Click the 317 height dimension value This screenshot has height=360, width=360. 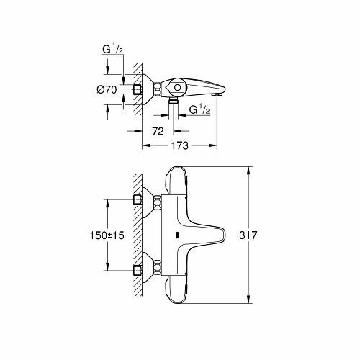tap(248, 235)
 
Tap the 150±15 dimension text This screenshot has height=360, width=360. tap(107, 235)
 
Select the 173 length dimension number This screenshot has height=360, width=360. tap(180, 145)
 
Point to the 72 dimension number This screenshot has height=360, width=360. tap(158, 131)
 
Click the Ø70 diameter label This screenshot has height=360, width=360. tap(107, 90)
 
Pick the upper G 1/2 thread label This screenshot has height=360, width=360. tap(112, 49)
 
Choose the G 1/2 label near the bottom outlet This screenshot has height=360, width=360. tap(199, 109)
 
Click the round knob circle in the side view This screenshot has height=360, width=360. tap(177, 88)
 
